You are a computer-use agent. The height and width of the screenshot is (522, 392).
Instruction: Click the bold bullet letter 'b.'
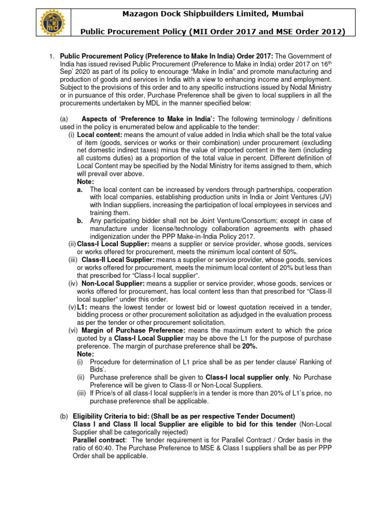point(81,221)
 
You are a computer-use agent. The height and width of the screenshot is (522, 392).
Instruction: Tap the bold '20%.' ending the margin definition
point(250,346)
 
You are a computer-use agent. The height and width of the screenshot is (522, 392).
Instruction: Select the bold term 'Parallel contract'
point(99,440)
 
